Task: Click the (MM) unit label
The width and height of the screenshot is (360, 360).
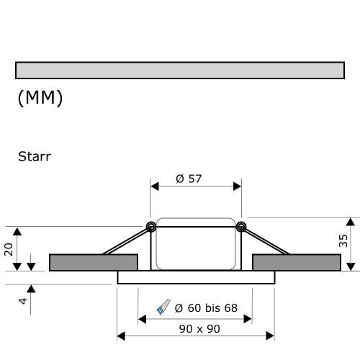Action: pos(40,98)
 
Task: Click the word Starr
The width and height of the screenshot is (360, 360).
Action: pos(34,156)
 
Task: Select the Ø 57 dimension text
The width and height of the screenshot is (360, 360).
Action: pos(189,179)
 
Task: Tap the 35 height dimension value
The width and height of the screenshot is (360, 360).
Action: pos(343,240)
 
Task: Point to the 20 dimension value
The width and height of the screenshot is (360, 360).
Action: pos(9,248)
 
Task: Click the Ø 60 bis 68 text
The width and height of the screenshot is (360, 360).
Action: pos(205,308)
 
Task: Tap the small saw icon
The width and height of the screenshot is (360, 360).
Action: pos(163,307)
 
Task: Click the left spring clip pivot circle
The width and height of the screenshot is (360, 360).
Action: pos(151,228)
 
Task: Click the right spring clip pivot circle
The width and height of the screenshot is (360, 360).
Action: pos(240,228)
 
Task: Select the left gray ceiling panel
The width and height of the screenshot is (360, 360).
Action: pos(93,262)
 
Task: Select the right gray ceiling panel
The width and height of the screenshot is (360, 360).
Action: pos(296,262)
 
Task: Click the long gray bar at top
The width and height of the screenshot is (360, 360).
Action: pos(179,70)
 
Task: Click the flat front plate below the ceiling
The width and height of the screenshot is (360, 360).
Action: pos(196,277)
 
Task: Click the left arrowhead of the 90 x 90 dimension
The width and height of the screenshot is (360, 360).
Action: pos(120,336)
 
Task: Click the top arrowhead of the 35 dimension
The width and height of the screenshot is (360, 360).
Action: pos(351,220)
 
